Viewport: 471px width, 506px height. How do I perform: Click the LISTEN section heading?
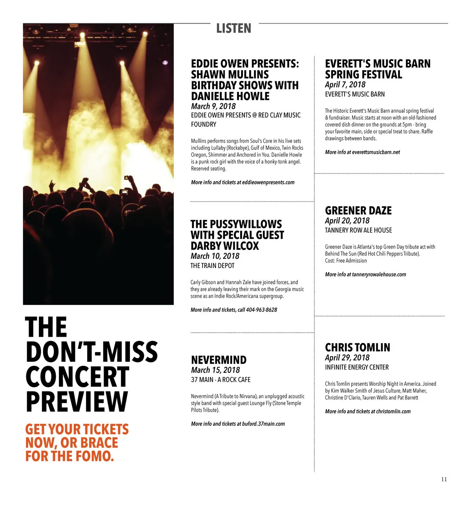tap(234, 28)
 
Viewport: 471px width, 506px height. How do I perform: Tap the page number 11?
tap(444, 479)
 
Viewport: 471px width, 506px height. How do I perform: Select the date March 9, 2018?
tap(213, 106)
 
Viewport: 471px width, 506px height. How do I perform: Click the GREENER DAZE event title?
tap(358, 211)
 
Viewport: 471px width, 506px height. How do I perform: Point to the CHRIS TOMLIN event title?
tap(358, 348)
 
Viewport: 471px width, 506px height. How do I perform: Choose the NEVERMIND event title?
tap(219, 360)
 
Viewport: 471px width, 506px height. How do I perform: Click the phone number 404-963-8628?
tap(261, 310)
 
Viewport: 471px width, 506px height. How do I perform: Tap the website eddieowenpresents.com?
tap(268, 182)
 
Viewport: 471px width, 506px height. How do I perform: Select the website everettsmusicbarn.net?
tap(376, 152)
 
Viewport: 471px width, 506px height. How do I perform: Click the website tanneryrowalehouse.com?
tap(379, 275)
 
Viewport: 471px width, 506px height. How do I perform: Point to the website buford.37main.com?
tap(263, 424)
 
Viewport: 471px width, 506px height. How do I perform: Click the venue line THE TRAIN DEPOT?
tap(212, 266)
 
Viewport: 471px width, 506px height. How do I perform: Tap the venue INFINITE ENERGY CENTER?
tap(357, 367)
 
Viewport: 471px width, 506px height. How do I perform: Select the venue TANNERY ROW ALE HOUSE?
tap(358, 230)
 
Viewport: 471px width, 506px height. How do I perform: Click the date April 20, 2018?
tap(347, 221)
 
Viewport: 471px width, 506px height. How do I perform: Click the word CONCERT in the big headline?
tap(77, 377)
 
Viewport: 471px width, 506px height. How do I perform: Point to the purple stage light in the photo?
tap(165, 62)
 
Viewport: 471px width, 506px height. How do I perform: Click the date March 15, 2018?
tap(215, 370)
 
